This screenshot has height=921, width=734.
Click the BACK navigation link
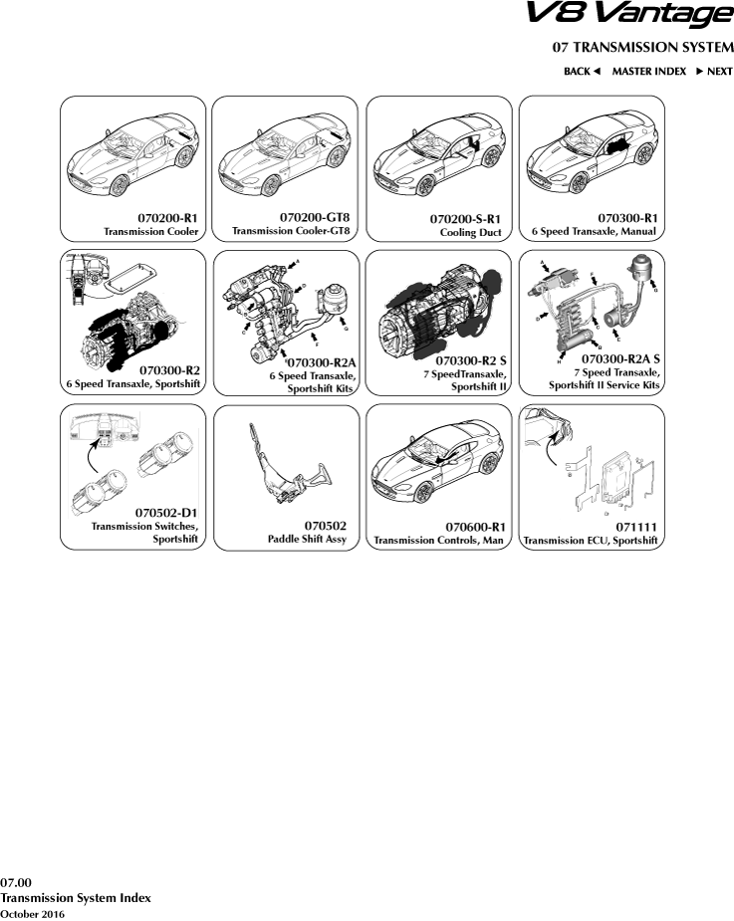pos(582,72)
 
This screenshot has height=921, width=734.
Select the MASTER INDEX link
pos(648,72)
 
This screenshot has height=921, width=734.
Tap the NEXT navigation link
pos(714,72)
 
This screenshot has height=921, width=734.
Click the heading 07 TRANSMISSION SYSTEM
pos(642,48)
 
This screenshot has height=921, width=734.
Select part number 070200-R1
pos(167,217)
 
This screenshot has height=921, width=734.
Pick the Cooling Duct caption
pos(469,232)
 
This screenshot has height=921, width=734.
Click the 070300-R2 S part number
pos(471,358)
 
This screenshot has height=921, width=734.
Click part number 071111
pos(637,525)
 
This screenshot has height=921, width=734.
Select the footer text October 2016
pos(32,913)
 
